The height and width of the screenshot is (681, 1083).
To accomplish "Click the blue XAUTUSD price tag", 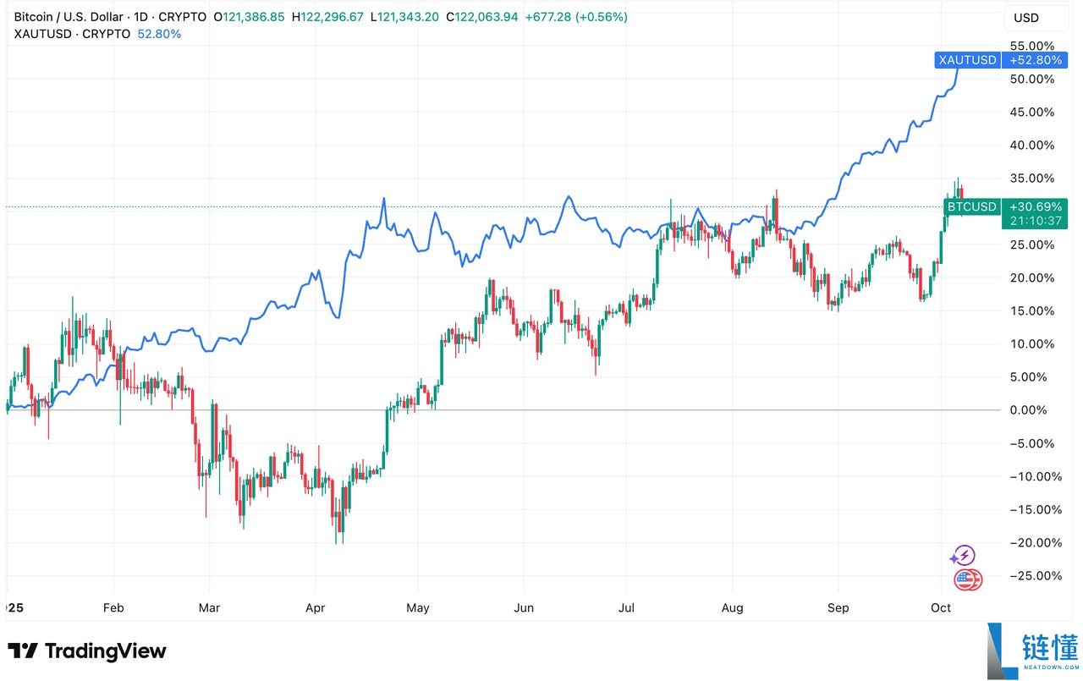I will (x=967, y=60).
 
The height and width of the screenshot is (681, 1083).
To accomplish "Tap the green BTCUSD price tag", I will (x=971, y=206).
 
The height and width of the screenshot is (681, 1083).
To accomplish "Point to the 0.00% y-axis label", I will (x=1033, y=410).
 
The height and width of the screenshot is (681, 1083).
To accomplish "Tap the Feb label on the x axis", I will (x=113, y=607).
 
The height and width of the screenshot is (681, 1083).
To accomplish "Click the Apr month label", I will (x=315, y=607).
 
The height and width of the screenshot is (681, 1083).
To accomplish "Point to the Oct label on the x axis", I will (x=941, y=607).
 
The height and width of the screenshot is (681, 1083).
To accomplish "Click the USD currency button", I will (x=1026, y=18).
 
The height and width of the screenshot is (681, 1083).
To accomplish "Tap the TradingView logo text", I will (x=105, y=651).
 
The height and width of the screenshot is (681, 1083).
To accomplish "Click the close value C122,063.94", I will (x=494, y=17).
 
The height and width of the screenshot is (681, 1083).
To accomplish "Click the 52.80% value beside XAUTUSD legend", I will (x=158, y=34).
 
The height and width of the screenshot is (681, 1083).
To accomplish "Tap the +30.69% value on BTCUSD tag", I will (x=1027, y=206).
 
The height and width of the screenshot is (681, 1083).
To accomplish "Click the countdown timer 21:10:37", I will (x=1027, y=221).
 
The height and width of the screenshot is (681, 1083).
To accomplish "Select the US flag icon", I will (x=967, y=579).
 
